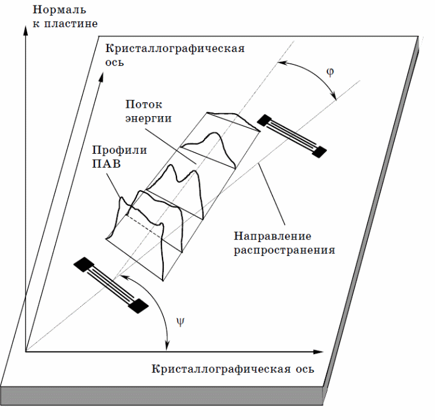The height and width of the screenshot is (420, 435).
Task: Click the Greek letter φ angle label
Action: point(330,72)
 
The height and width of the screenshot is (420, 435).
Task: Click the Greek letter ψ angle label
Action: point(180,321)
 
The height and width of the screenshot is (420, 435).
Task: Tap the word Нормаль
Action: point(59,10)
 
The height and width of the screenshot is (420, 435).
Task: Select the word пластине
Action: point(71,24)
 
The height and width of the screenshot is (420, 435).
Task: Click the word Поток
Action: point(144,105)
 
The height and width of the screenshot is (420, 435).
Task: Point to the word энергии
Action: point(149,119)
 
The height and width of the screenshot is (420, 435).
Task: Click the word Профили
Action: point(120,150)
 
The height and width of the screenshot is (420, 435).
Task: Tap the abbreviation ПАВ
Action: point(106,164)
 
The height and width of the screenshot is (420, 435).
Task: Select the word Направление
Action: point(272,236)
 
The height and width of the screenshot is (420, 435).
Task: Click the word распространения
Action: point(285,250)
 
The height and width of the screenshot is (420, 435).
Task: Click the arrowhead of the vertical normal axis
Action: point(25,31)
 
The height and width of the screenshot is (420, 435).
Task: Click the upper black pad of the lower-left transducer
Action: point(84,264)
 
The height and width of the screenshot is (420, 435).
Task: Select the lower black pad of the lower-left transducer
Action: point(138,306)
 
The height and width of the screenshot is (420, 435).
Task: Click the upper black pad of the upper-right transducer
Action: point(264,120)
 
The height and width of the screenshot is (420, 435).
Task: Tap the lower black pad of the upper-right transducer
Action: point(319,152)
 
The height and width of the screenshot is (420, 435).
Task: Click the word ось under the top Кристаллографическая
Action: point(114,62)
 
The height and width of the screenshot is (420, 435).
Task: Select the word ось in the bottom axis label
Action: point(304,369)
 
